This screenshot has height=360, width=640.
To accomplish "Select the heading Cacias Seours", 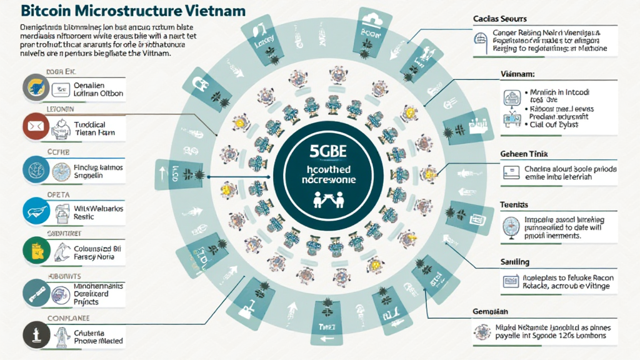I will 501,19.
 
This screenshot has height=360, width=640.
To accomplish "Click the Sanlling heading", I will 515,261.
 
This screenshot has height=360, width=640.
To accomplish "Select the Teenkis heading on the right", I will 514,204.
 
